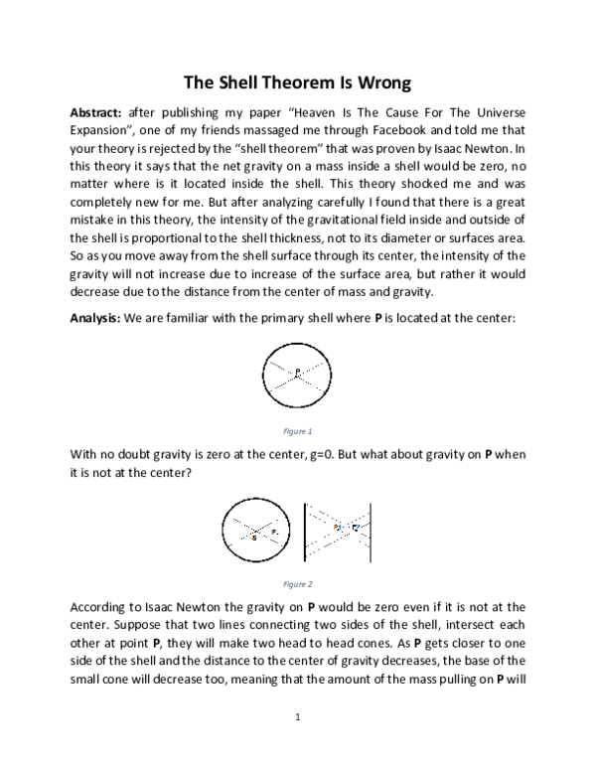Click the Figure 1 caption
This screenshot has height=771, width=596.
click(x=297, y=432)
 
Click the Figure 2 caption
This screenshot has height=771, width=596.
click(x=297, y=584)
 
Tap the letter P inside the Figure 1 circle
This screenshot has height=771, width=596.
click(x=296, y=373)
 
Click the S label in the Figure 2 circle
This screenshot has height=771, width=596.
click(x=254, y=537)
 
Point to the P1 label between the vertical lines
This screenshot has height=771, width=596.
click(x=337, y=528)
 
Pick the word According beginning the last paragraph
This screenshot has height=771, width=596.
click(x=102, y=606)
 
